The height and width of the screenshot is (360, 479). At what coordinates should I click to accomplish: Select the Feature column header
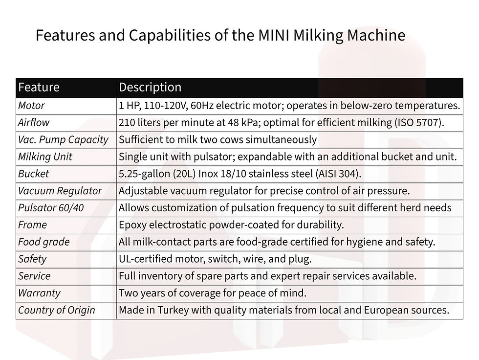(39, 87)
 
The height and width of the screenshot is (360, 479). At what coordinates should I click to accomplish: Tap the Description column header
(150, 87)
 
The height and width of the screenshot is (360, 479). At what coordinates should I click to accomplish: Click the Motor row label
(31, 105)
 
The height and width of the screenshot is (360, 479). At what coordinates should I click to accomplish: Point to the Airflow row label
(34, 122)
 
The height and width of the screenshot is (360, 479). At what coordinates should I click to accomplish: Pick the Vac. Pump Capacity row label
(63, 139)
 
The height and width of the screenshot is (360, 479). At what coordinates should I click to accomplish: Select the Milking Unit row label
(45, 157)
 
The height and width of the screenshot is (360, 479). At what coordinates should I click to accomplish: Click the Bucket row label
(34, 174)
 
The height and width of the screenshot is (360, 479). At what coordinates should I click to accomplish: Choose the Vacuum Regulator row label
(60, 191)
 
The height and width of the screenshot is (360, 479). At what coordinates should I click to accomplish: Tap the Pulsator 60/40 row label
(51, 208)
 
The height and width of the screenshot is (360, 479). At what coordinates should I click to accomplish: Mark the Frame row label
(33, 225)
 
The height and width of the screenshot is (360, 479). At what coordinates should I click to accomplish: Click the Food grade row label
(44, 242)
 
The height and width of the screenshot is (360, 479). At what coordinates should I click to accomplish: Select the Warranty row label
(39, 293)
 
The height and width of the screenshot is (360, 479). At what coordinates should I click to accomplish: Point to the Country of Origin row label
(57, 310)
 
